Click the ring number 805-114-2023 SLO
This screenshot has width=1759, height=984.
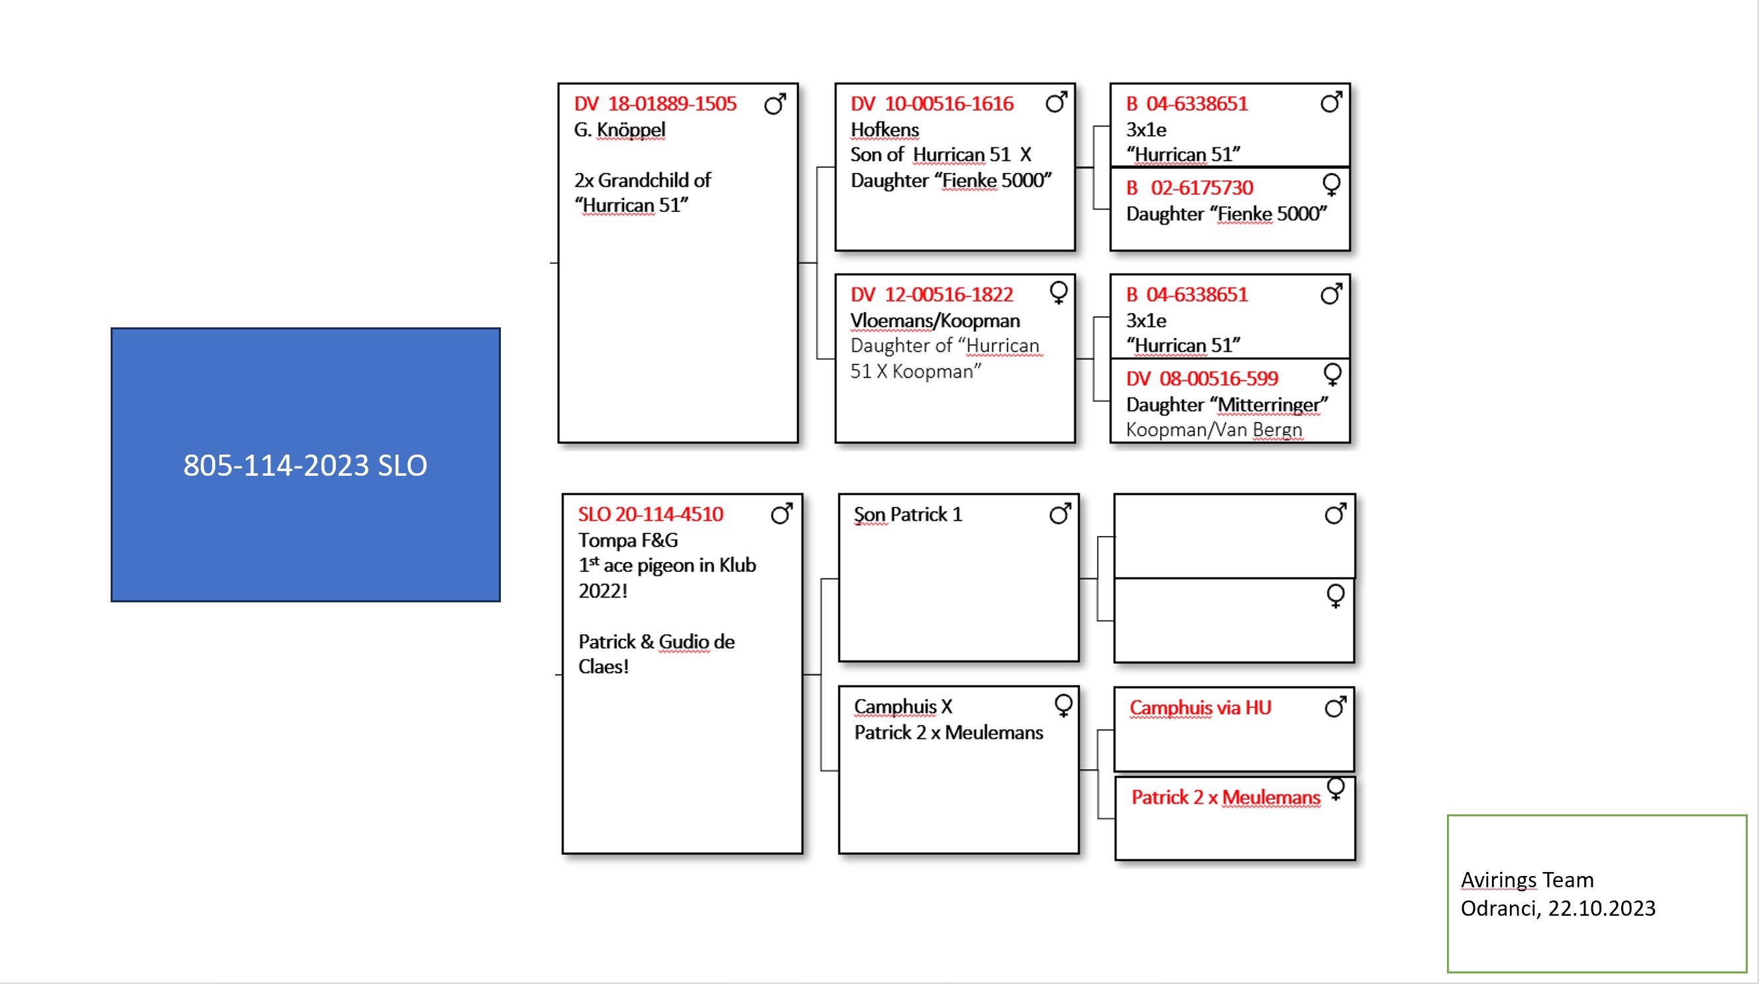click(305, 465)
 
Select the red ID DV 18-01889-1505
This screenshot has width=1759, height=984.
click(655, 104)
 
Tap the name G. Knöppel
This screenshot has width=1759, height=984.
click(619, 130)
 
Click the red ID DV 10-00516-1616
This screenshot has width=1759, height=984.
click(932, 104)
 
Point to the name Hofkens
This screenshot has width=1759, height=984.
click(884, 130)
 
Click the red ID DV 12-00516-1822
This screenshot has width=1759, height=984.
click(932, 295)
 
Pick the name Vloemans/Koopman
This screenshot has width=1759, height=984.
click(935, 321)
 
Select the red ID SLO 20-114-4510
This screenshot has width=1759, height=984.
click(650, 514)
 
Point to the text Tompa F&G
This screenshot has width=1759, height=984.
click(627, 540)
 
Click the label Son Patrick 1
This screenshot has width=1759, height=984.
click(908, 514)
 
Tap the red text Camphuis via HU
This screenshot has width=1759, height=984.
click(1200, 708)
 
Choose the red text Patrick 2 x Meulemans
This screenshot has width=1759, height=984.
click(1225, 797)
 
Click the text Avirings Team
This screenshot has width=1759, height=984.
click(1527, 879)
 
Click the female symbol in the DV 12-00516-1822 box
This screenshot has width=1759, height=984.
click(1059, 293)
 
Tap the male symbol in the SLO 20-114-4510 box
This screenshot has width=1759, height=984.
click(782, 514)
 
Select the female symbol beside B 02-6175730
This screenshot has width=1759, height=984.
click(1332, 185)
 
